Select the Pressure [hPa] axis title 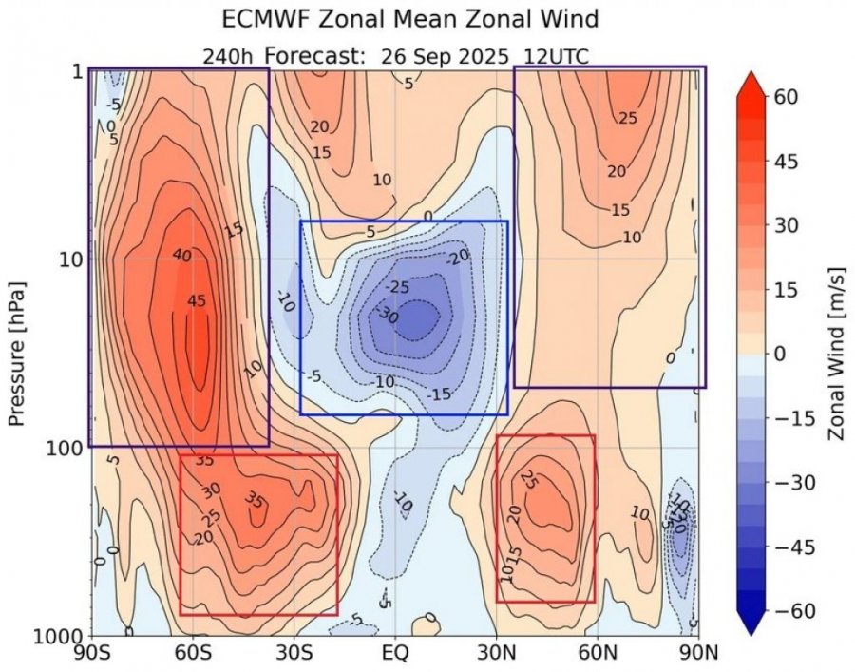coord(16,353)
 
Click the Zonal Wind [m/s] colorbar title coord(836,353)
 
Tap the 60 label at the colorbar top coord(785,97)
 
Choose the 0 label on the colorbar coord(779,354)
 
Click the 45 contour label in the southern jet coord(196,301)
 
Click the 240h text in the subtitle coord(226,56)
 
